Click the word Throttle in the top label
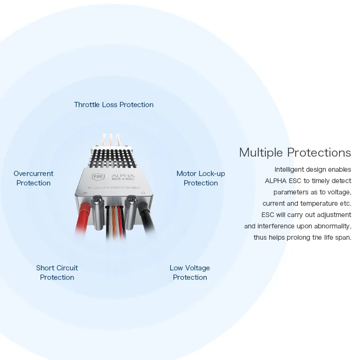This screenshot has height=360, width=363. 87,105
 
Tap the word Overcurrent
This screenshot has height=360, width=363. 33,174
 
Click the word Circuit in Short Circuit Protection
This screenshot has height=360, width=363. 67,268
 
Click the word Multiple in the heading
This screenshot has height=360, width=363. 261,153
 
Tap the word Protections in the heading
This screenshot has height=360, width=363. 319,153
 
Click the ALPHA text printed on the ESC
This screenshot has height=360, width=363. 123,176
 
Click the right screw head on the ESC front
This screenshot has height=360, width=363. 131,199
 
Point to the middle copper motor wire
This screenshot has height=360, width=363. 111,140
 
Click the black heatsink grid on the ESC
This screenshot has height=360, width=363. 112,159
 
